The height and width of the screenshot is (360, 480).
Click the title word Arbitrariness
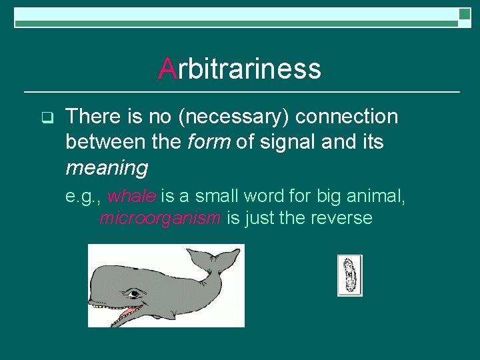pyautogui.click(x=240, y=69)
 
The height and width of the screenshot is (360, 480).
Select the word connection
pyautogui.click(x=347, y=117)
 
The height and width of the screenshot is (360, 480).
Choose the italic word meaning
pyautogui.click(x=107, y=167)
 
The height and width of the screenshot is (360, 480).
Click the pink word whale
pyautogui.click(x=131, y=197)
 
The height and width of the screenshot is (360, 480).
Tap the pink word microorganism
pyautogui.click(x=161, y=218)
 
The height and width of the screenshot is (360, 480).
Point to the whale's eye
pyautogui.click(x=135, y=293)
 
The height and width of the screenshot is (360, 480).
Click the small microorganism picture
pyautogui.click(x=349, y=275)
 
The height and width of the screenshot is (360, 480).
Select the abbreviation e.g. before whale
pyautogui.click(x=83, y=197)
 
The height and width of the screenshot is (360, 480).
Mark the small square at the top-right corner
pyautogui.click(x=464, y=15)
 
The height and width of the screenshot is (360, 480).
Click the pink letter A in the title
pyautogui.click(x=167, y=69)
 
